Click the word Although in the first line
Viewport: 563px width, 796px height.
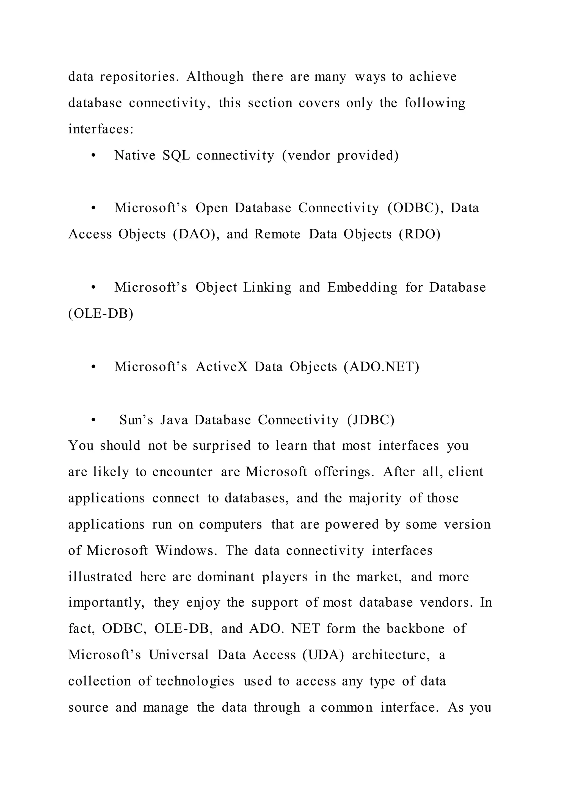coord(215,77)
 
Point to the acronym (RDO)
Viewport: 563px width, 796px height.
coord(420,234)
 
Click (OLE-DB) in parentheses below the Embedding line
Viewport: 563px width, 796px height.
coord(101,314)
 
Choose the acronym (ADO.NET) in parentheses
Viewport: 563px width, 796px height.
coord(381,367)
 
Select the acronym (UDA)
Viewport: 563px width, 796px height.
coord(323,655)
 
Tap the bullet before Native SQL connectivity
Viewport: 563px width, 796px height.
coord(93,156)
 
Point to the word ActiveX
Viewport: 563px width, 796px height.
coord(222,367)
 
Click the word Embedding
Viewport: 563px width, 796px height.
coord(362,288)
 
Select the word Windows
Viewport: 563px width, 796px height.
coord(186,551)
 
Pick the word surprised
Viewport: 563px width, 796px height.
coord(222,446)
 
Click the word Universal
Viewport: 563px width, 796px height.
coord(179,655)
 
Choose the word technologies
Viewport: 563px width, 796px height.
coord(195,681)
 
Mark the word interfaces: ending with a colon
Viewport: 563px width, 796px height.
coord(101,129)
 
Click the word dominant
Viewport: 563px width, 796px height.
coord(226,577)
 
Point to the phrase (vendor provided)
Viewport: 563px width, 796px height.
coord(340,156)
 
